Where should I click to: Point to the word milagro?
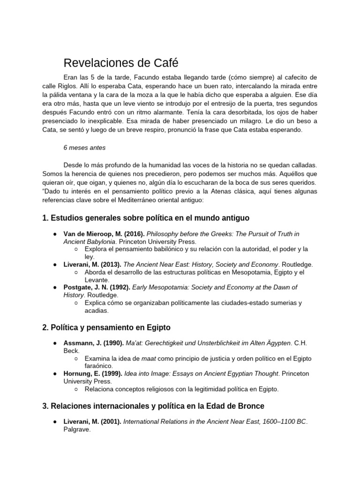tap(279, 121)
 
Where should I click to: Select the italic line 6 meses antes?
tap(84, 148)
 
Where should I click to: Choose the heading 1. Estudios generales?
tap(146, 218)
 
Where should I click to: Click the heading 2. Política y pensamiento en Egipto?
tap(106, 327)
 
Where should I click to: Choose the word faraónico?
tap(98, 366)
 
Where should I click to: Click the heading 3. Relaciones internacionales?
tap(153, 406)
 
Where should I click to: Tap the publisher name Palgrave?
tap(77, 429)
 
